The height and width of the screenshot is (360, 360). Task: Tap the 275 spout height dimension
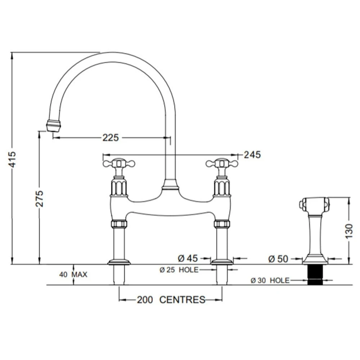(x=40, y=198)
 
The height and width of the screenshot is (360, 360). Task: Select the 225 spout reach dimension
(x=111, y=138)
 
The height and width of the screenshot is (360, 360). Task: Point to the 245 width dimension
(x=252, y=155)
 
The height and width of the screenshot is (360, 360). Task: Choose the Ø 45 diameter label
(x=188, y=258)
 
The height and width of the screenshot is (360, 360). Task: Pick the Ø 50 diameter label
(x=278, y=258)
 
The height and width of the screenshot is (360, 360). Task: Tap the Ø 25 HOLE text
(x=179, y=270)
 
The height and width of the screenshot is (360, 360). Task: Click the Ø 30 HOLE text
(x=270, y=280)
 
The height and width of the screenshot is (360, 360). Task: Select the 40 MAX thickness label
(x=73, y=274)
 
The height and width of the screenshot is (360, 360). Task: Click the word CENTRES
(x=182, y=300)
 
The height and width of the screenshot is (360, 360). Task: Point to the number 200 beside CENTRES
(x=144, y=300)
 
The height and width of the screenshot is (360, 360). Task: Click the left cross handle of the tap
(x=119, y=164)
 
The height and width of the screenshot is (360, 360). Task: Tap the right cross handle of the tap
(x=222, y=164)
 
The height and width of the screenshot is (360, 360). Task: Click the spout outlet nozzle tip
(x=53, y=126)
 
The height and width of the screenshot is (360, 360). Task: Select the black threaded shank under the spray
(x=314, y=275)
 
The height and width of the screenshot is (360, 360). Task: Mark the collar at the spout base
(x=170, y=185)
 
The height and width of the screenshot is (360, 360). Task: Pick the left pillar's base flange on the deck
(x=119, y=262)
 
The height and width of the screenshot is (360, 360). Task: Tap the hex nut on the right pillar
(x=222, y=224)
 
